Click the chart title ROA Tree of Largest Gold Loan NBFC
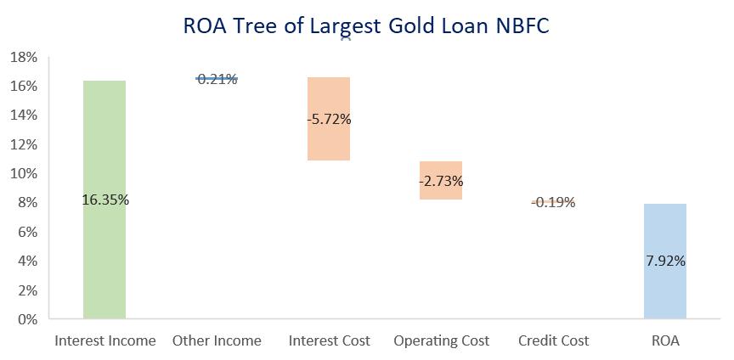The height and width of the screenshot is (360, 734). (366, 26)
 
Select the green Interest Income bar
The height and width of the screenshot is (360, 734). (104, 255)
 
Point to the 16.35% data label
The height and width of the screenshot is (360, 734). (105, 200)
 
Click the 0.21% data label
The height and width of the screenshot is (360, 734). (217, 80)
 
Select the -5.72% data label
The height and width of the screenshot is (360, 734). (329, 120)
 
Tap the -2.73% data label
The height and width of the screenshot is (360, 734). (441, 181)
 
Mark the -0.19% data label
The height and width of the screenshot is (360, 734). (553, 203)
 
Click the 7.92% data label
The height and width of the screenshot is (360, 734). (664, 262)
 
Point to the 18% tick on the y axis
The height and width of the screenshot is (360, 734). (24, 58)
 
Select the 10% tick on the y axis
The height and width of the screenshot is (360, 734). (24, 174)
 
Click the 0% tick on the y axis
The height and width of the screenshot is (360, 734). (27, 320)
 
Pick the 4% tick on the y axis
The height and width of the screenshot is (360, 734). (27, 262)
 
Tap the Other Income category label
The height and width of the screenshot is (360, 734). (217, 341)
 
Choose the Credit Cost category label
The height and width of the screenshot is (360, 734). (553, 341)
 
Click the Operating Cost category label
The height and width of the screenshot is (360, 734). (441, 341)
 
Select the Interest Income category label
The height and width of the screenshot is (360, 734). (105, 341)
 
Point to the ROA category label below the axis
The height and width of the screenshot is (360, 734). (664, 341)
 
